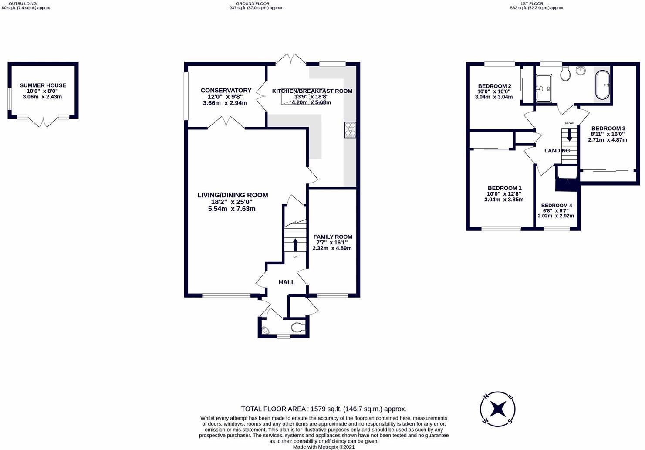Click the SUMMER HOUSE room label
tap(43, 85)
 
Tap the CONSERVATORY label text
tap(226, 91)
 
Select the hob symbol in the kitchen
tap(350, 130)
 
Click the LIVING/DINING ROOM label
tap(233, 195)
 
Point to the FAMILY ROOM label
tap(332, 237)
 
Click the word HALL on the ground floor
tap(287, 282)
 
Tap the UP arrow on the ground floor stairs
tap(295, 244)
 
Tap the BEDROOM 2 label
tap(494, 86)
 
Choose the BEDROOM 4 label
tap(556, 206)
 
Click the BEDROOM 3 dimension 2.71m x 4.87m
tap(608, 140)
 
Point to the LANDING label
tap(557, 151)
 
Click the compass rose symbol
tap(497, 409)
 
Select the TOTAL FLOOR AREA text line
tap(324, 409)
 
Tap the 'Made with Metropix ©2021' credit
tap(324, 447)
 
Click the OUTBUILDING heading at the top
tap(26, 3)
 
